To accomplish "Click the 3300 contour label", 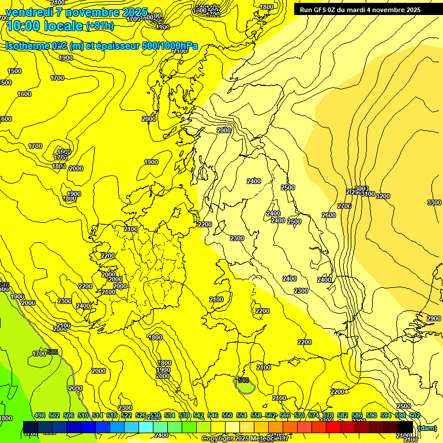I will (x=434, y=202).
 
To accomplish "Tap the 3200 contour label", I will (x=383, y=197).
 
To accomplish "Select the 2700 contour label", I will (x=344, y=206).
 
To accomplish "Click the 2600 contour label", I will (x=329, y=215).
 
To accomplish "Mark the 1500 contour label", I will (x=14, y=71).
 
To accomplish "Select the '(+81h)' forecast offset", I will (x=100, y=26).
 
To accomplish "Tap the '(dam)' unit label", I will (x=427, y=429).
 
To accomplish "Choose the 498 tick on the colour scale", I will (x=40, y=415).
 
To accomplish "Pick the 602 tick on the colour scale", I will (x=414, y=415).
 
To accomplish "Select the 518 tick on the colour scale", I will (x=112, y=415).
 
